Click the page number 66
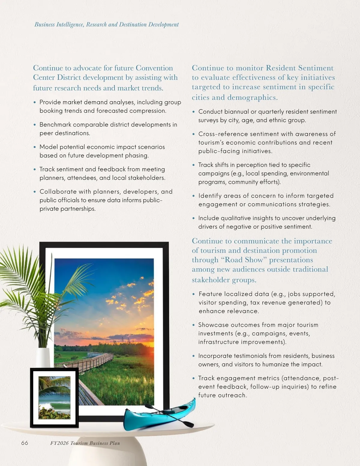pos(25,443)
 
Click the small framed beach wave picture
pos(54,398)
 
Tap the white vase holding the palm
pos(43,358)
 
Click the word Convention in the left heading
pos(154,68)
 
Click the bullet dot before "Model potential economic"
pos(35,147)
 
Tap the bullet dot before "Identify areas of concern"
pos(193,196)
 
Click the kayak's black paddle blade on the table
pos(189,424)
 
